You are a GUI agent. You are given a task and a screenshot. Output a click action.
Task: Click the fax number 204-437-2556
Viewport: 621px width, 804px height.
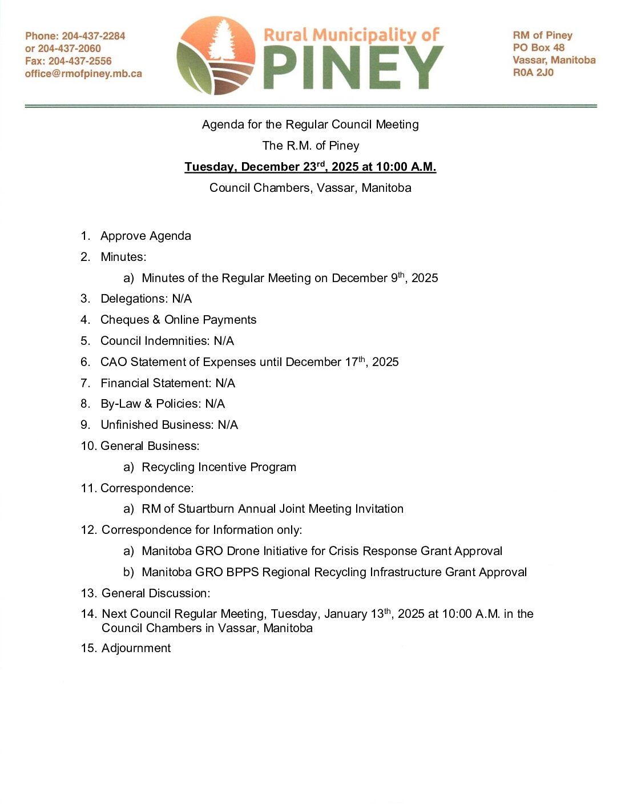(80, 61)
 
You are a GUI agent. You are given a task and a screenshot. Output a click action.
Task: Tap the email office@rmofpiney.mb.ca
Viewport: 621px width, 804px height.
(83, 74)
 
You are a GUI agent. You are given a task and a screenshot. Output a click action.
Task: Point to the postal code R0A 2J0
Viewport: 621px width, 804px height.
(533, 73)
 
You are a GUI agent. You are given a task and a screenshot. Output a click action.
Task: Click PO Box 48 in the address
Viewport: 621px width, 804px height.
(538, 47)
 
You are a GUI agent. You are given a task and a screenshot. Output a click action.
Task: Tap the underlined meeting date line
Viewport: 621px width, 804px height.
(310, 167)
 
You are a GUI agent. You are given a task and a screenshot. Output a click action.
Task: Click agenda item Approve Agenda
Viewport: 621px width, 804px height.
(146, 236)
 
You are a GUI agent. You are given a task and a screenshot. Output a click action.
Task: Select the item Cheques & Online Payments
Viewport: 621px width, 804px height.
(178, 320)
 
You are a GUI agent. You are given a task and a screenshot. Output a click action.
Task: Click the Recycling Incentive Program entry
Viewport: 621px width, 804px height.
(219, 467)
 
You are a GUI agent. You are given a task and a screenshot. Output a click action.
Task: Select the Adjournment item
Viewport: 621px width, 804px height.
(136, 648)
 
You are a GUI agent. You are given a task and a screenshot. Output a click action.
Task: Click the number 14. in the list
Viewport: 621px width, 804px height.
(88, 614)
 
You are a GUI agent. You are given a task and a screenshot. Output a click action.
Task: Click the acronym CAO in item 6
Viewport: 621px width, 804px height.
(114, 362)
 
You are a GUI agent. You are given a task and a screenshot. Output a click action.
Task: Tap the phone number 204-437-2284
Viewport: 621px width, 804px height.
(93, 36)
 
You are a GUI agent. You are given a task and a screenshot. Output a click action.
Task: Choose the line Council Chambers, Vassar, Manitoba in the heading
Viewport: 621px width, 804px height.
(310, 188)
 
